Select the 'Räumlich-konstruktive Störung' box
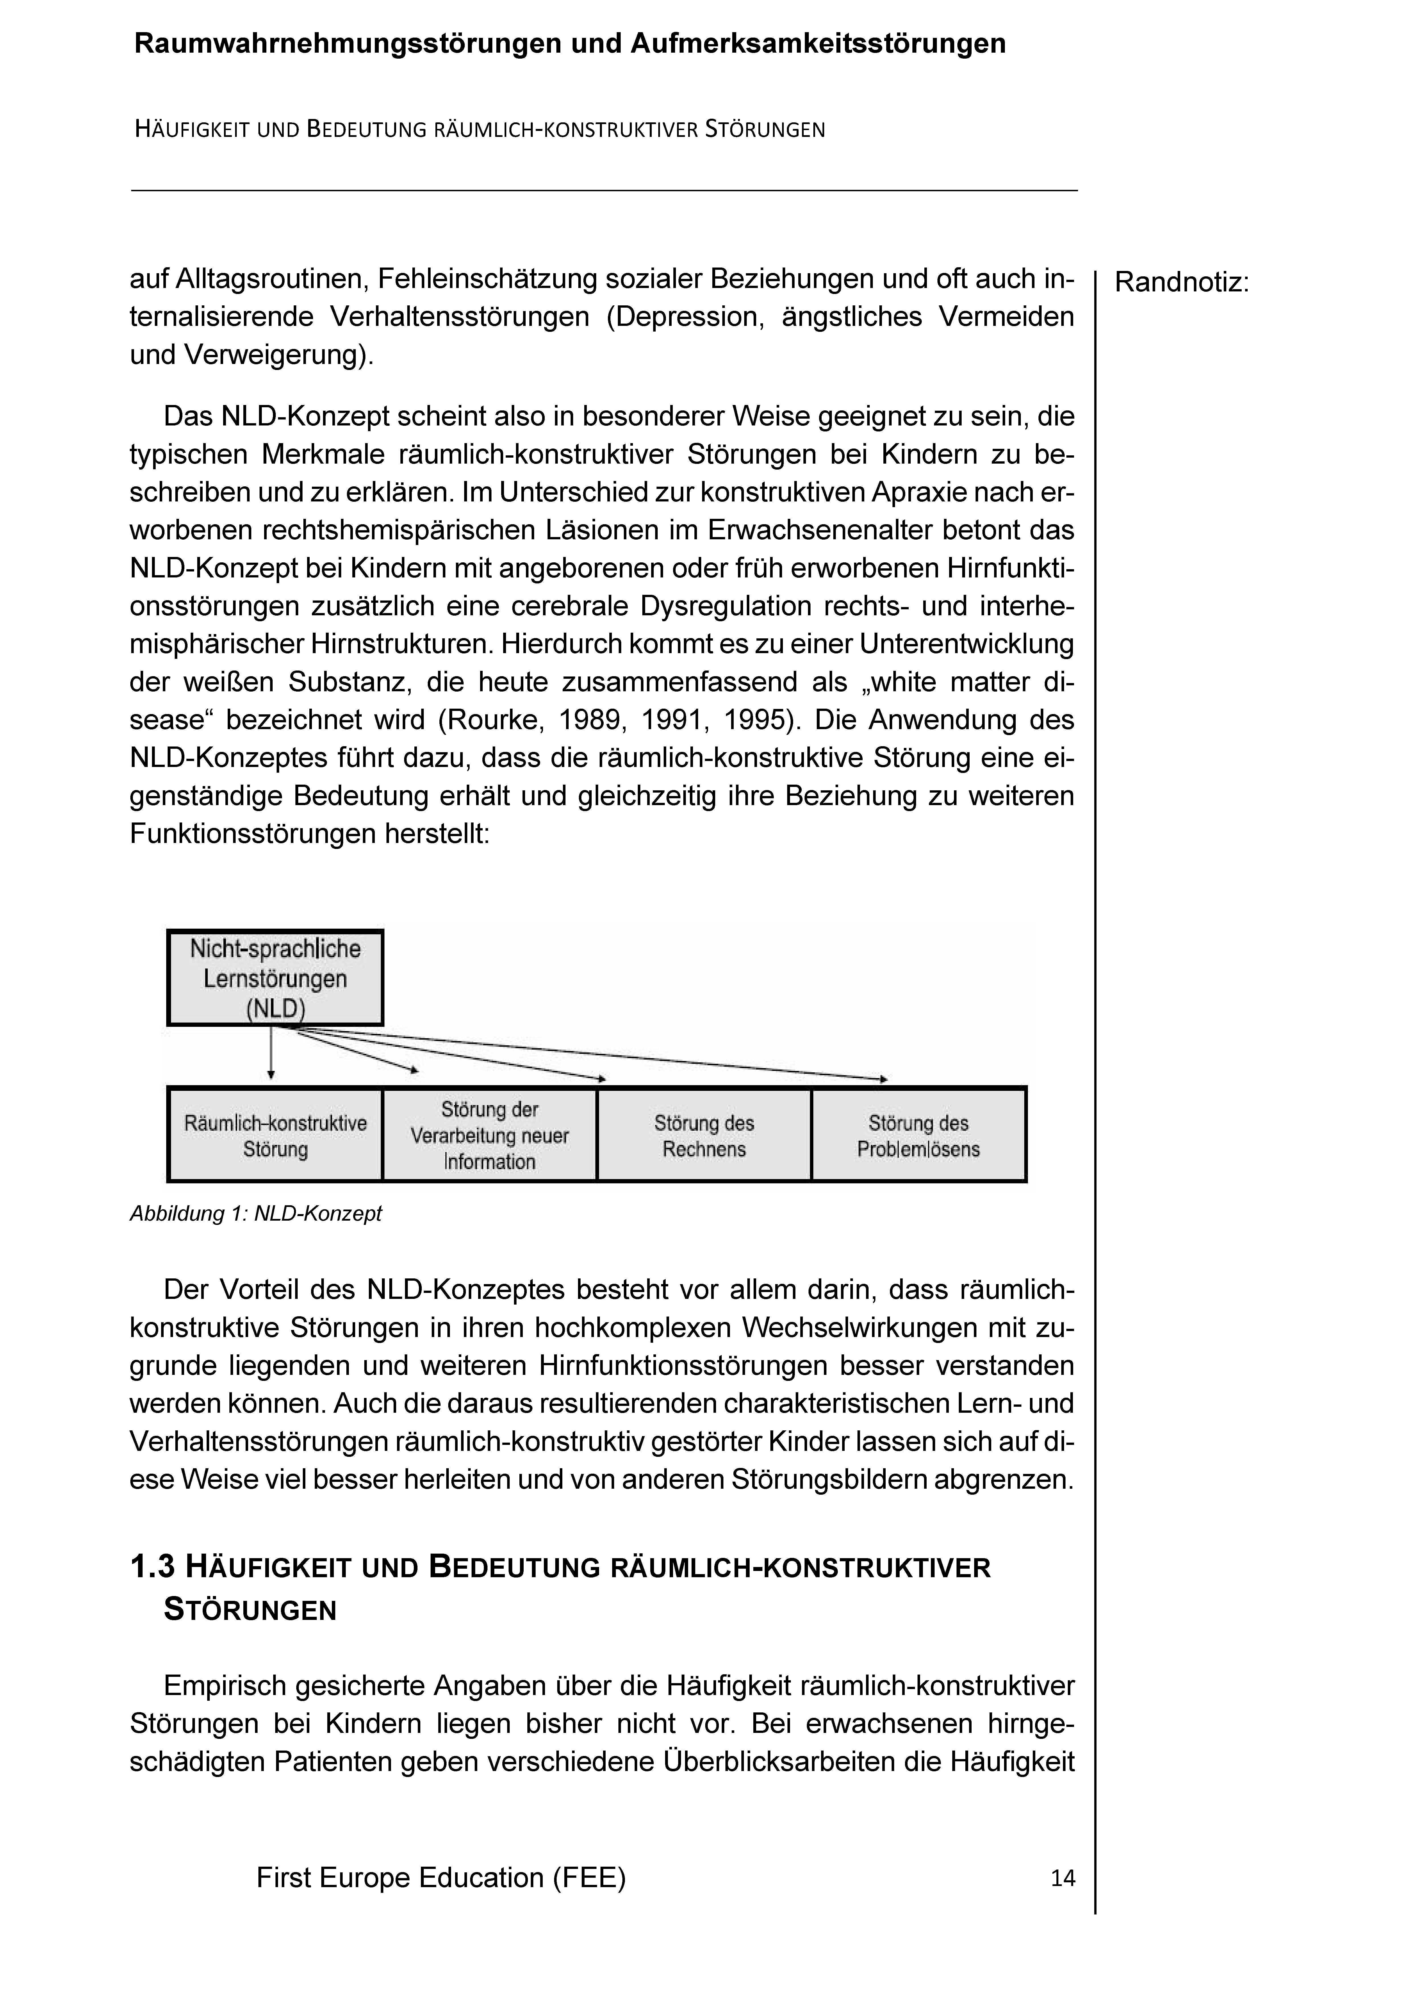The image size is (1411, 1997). click(x=275, y=1135)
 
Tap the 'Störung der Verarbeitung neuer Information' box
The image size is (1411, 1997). click(x=490, y=1135)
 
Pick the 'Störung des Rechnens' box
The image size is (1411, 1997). click(x=704, y=1135)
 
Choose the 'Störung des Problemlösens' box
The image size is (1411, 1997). click(x=919, y=1135)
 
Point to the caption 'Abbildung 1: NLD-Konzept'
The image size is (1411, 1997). click(x=256, y=1213)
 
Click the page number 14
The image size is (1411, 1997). click(x=1062, y=1878)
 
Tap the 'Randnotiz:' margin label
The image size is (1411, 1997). click(x=1181, y=283)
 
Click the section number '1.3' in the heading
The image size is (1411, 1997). click(x=152, y=1567)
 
